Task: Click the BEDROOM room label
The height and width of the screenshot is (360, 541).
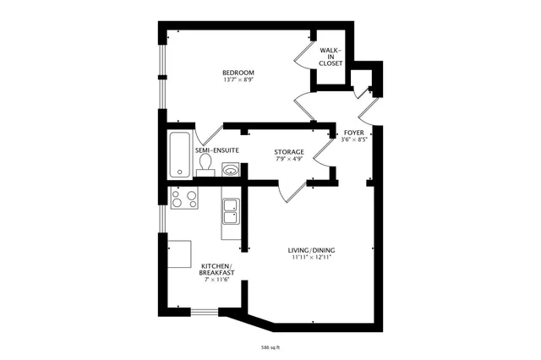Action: (238, 73)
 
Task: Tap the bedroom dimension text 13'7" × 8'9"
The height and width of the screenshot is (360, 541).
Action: (238, 80)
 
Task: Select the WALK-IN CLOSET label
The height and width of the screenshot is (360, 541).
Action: (331, 57)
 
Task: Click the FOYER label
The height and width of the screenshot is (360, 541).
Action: (353, 134)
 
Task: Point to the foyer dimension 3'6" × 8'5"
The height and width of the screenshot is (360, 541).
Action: (353, 141)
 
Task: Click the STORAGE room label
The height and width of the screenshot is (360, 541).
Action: (289, 151)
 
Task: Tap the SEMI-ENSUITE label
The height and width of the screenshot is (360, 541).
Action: (217, 150)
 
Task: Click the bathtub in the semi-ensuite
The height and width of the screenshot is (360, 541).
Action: (179, 154)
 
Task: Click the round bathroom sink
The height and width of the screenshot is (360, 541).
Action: (230, 169)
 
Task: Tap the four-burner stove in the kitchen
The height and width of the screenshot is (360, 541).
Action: (184, 199)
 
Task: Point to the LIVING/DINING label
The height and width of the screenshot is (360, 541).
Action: (311, 250)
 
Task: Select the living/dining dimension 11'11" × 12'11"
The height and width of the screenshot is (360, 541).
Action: (311, 258)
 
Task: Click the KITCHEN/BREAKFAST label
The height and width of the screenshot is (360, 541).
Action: (216, 270)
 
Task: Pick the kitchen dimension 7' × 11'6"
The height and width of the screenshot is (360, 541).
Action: (216, 280)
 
